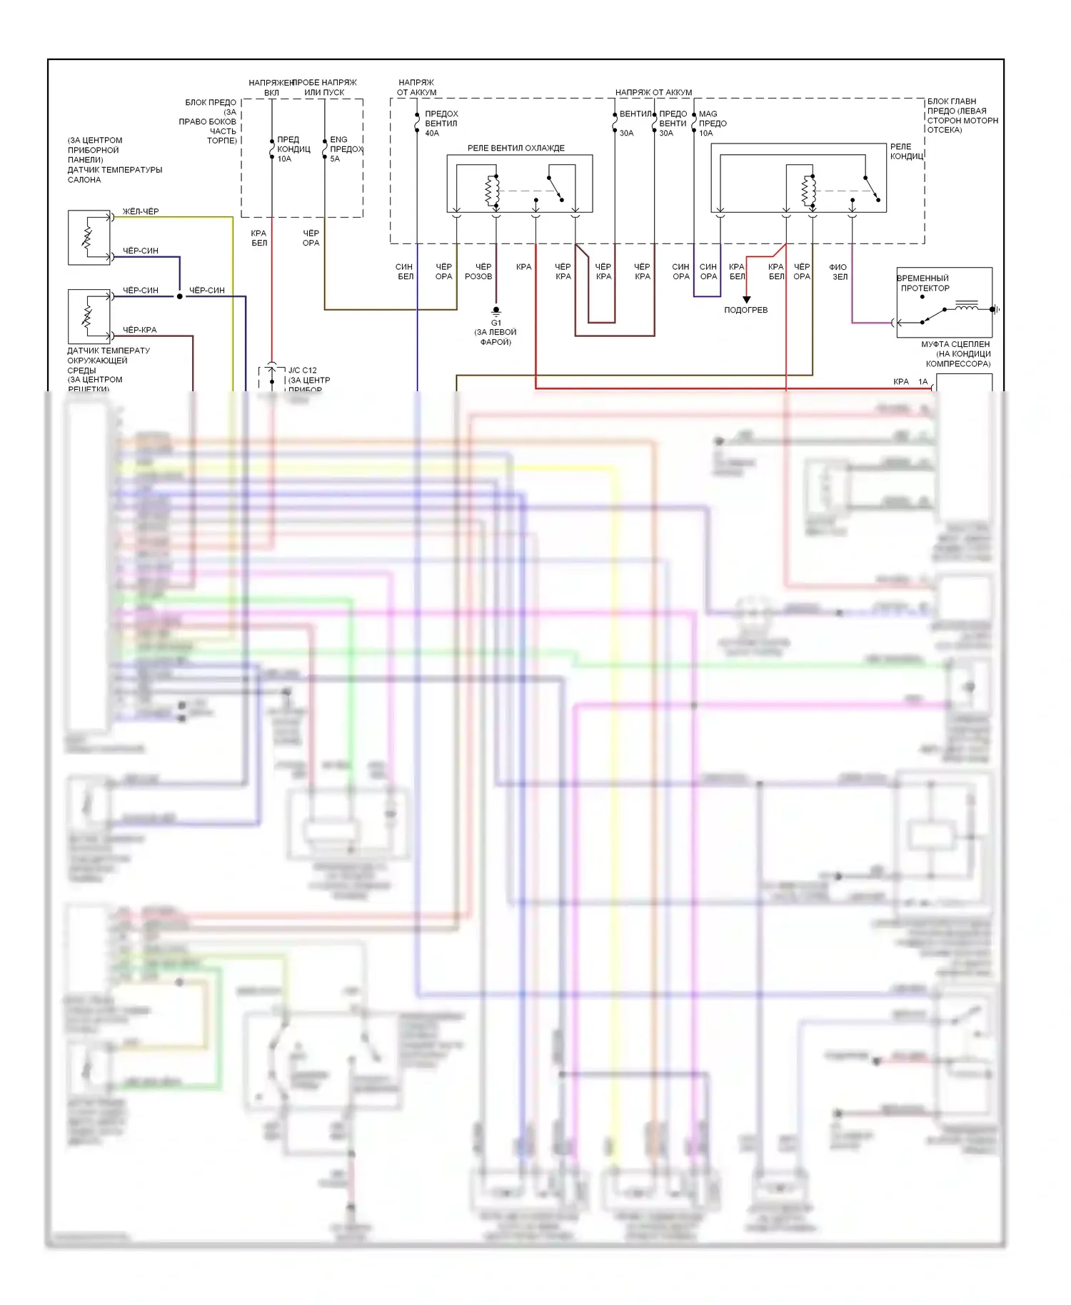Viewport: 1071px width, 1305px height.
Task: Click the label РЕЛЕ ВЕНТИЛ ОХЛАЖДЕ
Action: [x=516, y=148]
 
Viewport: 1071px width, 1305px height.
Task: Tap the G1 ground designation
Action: [x=496, y=323]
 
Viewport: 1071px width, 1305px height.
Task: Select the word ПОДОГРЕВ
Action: [x=745, y=310]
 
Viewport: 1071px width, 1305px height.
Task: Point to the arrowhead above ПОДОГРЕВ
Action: [x=746, y=299]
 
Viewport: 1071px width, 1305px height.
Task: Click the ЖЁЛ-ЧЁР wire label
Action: [x=141, y=211]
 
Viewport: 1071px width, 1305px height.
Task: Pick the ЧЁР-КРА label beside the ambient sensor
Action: [x=139, y=330]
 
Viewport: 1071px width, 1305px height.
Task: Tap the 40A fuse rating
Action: [x=432, y=133]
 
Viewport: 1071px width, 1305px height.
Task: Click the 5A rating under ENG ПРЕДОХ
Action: [x=335, y=159]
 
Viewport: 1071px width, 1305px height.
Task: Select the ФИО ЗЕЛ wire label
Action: [x=838, y=272]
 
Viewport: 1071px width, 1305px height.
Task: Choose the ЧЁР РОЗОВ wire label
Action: [x=479, y=272]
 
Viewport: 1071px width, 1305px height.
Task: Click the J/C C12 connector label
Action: [x=302, y=371]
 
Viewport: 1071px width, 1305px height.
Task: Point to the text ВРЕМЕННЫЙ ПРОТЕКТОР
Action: [x=924, y=283]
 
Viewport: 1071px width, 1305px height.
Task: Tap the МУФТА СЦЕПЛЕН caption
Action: [x=955, y=344]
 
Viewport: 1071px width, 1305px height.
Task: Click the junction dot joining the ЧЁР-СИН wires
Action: [x=180, y=296]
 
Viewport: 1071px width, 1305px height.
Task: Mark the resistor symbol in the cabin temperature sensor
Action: [x=87, y=237]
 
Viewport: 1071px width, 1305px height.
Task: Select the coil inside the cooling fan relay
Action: [x=491, y=191]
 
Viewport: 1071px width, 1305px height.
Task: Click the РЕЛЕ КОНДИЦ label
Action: [x=905, y=151]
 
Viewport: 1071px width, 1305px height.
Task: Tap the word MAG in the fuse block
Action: [x=708, y=114]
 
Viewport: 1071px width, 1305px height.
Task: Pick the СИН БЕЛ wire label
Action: [x=405, y=272]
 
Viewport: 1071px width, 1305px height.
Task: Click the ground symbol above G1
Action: [x=496, y=311]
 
